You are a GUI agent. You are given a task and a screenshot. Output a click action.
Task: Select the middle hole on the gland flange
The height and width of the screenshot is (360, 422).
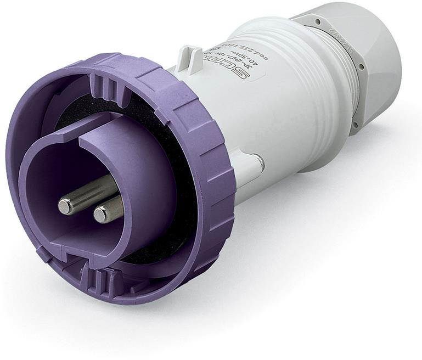tap(360, 67)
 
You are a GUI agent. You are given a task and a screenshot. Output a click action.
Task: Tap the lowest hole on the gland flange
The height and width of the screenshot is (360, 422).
tap(356, 126)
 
